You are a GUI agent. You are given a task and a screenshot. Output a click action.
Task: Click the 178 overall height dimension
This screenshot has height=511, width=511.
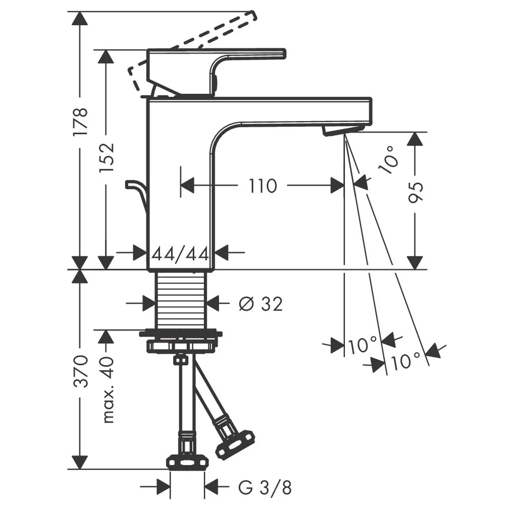80,122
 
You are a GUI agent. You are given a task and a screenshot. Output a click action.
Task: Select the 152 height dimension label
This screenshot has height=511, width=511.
106,158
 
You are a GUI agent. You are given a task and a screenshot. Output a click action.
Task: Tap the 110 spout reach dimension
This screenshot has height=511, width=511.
263,186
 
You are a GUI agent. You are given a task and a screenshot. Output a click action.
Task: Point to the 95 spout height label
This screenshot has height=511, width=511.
415,193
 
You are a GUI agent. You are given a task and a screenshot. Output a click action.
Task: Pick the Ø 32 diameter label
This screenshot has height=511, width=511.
261,304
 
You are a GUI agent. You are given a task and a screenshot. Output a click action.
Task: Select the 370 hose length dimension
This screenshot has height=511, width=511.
81,371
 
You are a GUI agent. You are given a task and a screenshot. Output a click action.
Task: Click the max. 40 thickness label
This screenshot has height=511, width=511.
107,390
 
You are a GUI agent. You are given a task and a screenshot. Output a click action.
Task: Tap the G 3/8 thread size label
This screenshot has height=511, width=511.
265,488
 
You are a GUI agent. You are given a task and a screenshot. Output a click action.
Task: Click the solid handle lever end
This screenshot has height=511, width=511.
283,54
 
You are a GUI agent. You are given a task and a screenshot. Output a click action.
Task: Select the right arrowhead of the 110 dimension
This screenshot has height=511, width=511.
337,186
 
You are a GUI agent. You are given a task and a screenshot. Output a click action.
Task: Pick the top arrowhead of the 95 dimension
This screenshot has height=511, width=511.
415,139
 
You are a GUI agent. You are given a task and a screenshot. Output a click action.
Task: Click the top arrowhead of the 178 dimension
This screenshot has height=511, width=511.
80,18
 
